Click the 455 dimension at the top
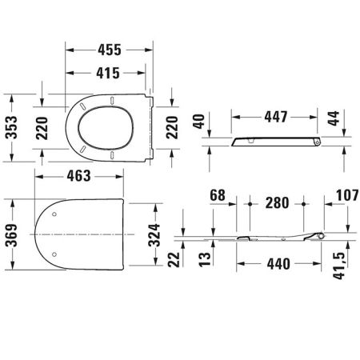pos(106,49)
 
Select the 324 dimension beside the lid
pos(160,234)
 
